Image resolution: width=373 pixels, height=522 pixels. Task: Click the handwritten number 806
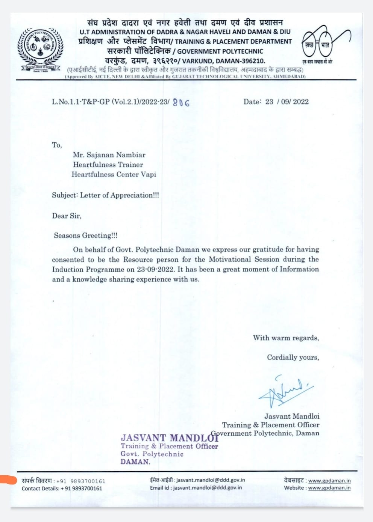pyautogui.click(x=181, y=102)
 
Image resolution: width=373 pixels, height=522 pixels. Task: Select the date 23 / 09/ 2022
pyautogui.click(x=287, y=101)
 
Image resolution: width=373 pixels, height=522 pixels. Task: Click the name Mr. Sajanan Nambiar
pyautogui.click(x=109, y=155)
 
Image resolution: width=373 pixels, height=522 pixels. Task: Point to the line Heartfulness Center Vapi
pyautogui.click(x=114, y=174)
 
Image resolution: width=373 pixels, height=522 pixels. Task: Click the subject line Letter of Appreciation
pyautogui.click(x=119, y=195)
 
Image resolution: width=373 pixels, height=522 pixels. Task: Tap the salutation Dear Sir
pyautogui.click(x=67, y=216)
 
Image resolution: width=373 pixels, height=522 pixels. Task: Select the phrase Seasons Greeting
pyautogui.click(x=85, y=236)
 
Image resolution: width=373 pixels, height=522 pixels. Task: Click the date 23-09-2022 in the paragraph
pyautogui.click(x=155, y=269)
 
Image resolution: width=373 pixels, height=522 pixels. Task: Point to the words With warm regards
pyautogui.click(x=286, y=338)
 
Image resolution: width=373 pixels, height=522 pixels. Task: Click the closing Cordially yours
pyautogui.click(x=293, y=358)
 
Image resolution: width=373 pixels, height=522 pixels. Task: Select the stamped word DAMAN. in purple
pyautogui.click(x=135, y=462)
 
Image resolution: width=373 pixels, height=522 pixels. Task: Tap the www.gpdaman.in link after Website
pyautogui.click(x=329, y=488)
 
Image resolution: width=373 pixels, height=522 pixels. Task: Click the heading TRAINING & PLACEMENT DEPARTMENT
pyautogui.click(x=233, y=42)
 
